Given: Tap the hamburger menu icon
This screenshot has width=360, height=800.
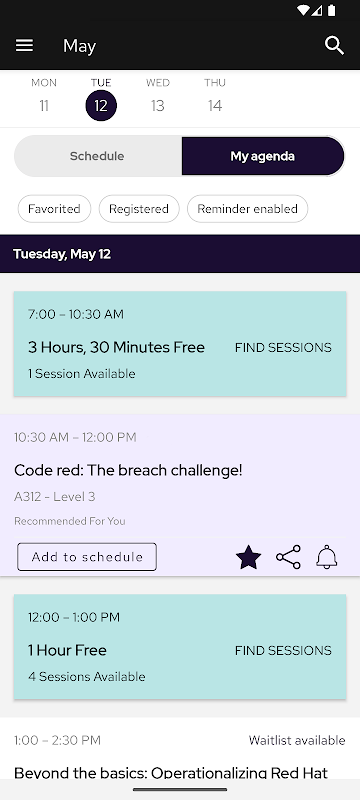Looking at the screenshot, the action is tap(24, 46).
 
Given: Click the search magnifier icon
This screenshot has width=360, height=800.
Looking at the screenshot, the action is tap(335, 45).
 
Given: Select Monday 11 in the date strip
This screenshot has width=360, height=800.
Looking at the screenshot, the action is tap(44, 96).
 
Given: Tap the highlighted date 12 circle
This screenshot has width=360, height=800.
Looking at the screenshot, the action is tap(101, 106).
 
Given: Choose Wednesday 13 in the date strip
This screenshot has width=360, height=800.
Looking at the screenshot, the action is tap(158, 96).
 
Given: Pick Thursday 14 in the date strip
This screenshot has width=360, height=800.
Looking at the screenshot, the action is tap(215, 96).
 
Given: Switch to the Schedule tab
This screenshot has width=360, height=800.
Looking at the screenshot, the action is tap(97, 156).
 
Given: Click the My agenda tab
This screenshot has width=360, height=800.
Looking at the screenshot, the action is tap(263, 156).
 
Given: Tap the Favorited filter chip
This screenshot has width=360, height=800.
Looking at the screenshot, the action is tap(54, 209).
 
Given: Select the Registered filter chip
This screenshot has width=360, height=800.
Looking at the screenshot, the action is tap(139, 209).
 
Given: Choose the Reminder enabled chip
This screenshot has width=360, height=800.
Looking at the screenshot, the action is tap(247, 209).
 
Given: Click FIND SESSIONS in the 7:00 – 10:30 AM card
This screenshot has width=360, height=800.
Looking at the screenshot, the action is tap(283, 347).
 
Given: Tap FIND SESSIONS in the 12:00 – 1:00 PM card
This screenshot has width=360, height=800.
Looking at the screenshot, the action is tap(283, 651).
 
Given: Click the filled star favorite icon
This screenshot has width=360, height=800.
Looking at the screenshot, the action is tap(248, 557).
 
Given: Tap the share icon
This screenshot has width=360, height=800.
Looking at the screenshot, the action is tap(288, 557).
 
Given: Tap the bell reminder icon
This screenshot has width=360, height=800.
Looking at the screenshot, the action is tap(327, 557).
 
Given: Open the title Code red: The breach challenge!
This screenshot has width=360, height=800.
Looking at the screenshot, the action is tap(128, 470).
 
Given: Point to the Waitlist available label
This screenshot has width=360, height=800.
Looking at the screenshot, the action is tap(297, 740).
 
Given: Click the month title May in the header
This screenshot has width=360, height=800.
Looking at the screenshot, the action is tap(80, 46).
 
